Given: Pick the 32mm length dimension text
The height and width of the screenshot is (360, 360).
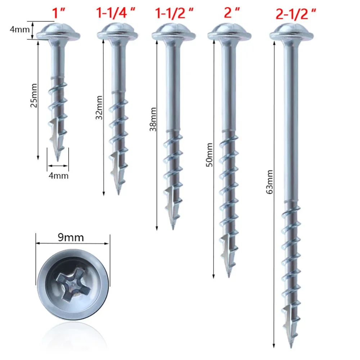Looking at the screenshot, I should click(100, 107).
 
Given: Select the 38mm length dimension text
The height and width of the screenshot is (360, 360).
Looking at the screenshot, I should click(153, 119).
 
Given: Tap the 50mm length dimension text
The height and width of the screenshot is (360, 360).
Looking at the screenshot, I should click(210, 154).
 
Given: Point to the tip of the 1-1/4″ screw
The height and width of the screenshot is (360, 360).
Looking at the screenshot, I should click(118, 193).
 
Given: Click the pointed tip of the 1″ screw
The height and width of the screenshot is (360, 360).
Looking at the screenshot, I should click(59, 158).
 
